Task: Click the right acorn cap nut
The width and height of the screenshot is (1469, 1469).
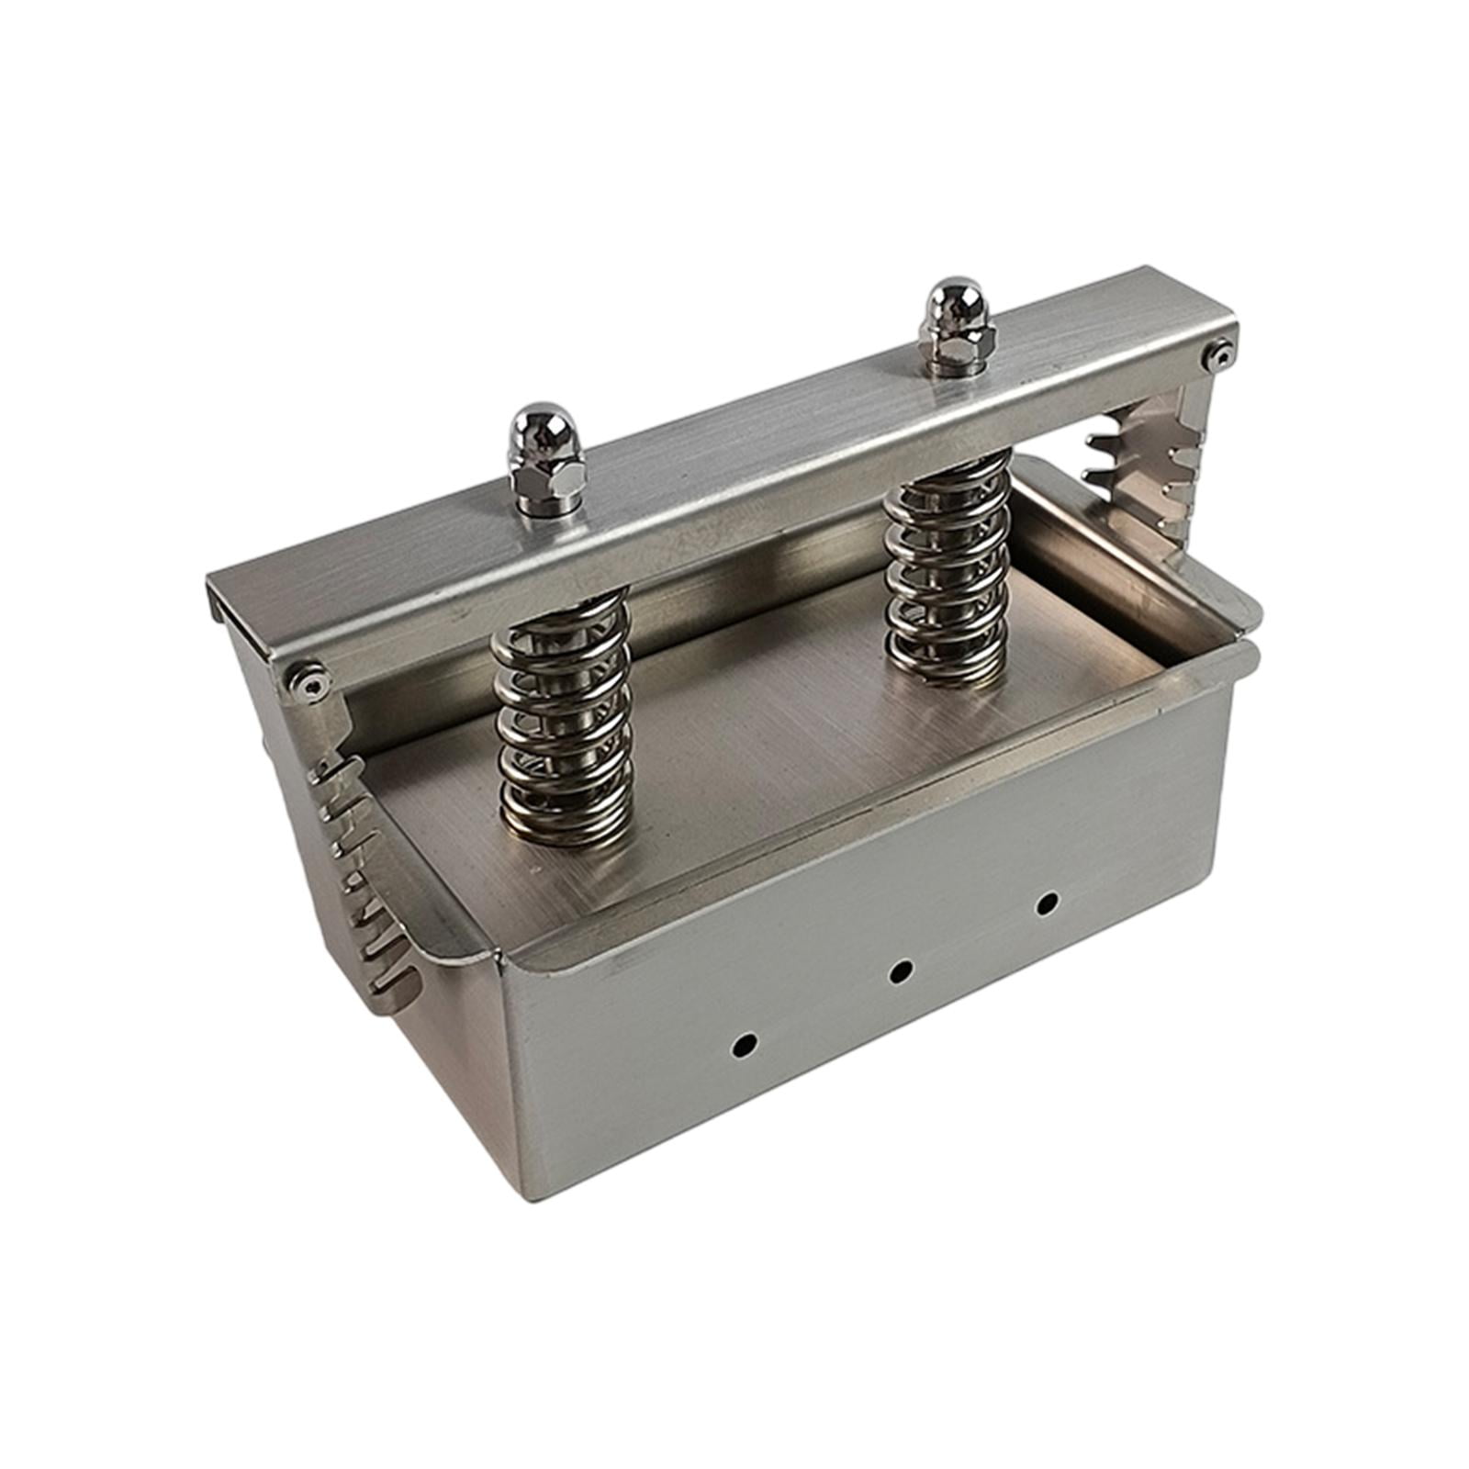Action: pyautogui.click(x=950, y=308)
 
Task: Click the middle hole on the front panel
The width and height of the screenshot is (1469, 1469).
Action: pyautogui.click(x=902, y=969)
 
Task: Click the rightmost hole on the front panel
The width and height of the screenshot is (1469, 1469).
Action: pyautogui.click(x=1045, y=903)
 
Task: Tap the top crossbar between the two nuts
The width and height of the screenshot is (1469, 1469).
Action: pyautogui.click(x=734, y=459)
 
